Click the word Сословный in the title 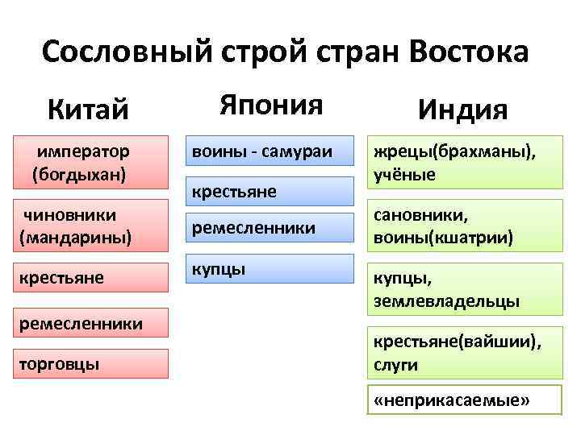click(x=125, y=52)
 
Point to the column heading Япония click(x=270, y=104)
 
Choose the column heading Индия click(x=462, y=109)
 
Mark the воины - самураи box click(x=270, y=151)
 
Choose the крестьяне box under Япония click(x=270, y=191)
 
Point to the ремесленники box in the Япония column click(x=270, y=229)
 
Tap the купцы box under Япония click(x=270, y=268)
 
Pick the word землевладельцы click(x=445, y=300)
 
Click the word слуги click(x=395, y=364)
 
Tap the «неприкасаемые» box click(x=452, y=400)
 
